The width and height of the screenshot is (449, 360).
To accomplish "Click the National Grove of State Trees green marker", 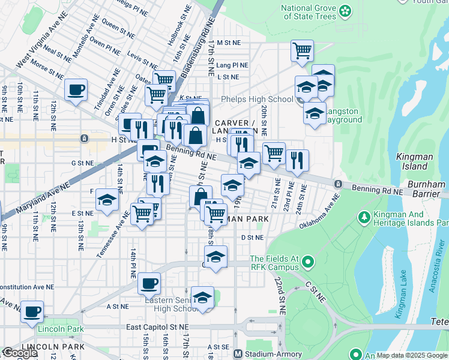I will pos(345,10).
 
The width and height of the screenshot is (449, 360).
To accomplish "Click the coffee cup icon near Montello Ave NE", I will pos(76,91).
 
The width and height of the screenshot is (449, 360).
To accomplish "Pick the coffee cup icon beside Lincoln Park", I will pos(32,312).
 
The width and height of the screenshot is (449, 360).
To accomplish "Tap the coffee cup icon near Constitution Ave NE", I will pos(149,283).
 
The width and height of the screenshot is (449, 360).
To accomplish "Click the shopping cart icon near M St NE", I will pos(302,51).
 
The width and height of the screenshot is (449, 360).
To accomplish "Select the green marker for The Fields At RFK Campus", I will pos(308,262).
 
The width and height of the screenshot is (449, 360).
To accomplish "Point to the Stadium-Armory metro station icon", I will pos(238,354).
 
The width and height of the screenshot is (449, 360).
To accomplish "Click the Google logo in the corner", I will pos(20,353).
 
